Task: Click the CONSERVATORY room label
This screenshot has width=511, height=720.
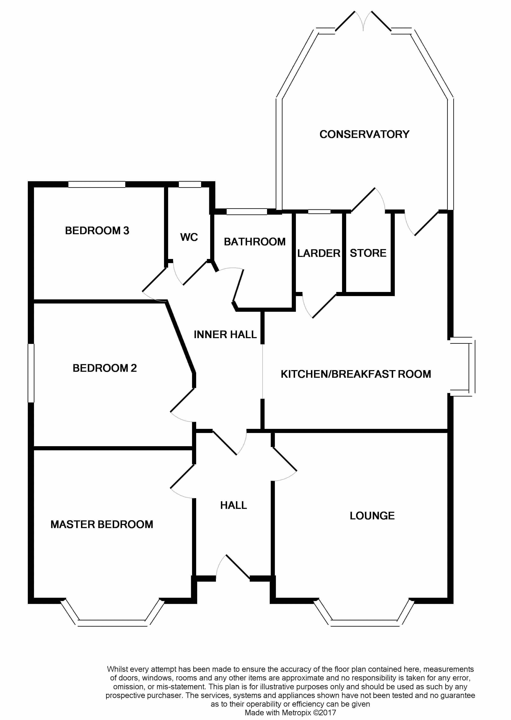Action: (364, 134)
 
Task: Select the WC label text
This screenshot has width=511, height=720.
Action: (189, 237)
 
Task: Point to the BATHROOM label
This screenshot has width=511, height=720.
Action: (254, 242)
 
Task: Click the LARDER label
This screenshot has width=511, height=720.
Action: (319, 253)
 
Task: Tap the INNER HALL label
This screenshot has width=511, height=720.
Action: (225, 334)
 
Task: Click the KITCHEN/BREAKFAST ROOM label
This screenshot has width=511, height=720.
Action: (356, 374)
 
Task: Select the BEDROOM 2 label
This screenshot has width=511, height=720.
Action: (104, 368)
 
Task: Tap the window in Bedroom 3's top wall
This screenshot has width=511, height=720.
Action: (97, 185)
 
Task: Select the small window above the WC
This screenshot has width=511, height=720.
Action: (190, 185)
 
